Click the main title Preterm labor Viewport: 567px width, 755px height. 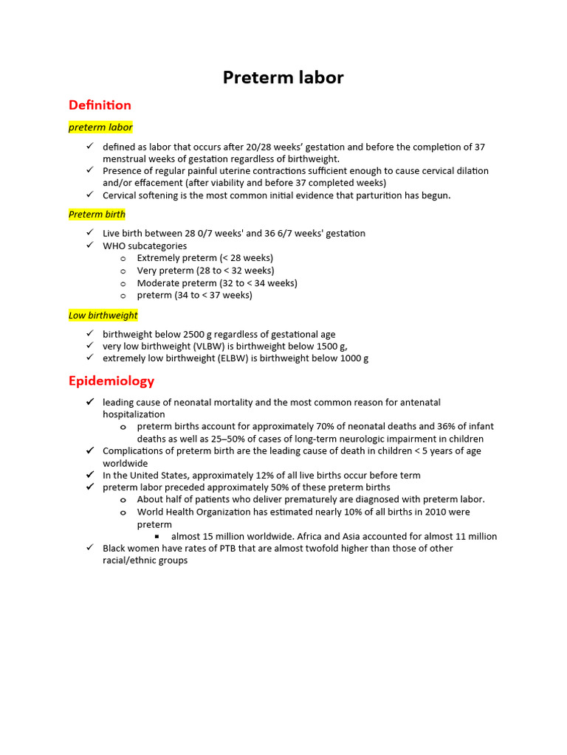click(x=283, y=77)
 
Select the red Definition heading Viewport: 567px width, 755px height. click(x=100, y=105)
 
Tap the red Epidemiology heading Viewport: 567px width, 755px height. click(x=111, y=380)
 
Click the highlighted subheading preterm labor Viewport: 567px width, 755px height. click(x=100, y=127)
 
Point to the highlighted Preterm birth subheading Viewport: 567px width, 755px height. click(x=97, y=214)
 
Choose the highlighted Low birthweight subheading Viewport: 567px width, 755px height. click(x=103, y=315)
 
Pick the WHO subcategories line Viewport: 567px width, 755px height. click(x=145, y=246)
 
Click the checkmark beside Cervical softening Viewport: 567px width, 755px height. click(x=89, y=195)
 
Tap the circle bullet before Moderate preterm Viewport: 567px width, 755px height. click(x=123, y=283)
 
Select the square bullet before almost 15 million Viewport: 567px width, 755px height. click(x=157, y=536)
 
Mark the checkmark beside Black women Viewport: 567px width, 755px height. click(x=89, y=548)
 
